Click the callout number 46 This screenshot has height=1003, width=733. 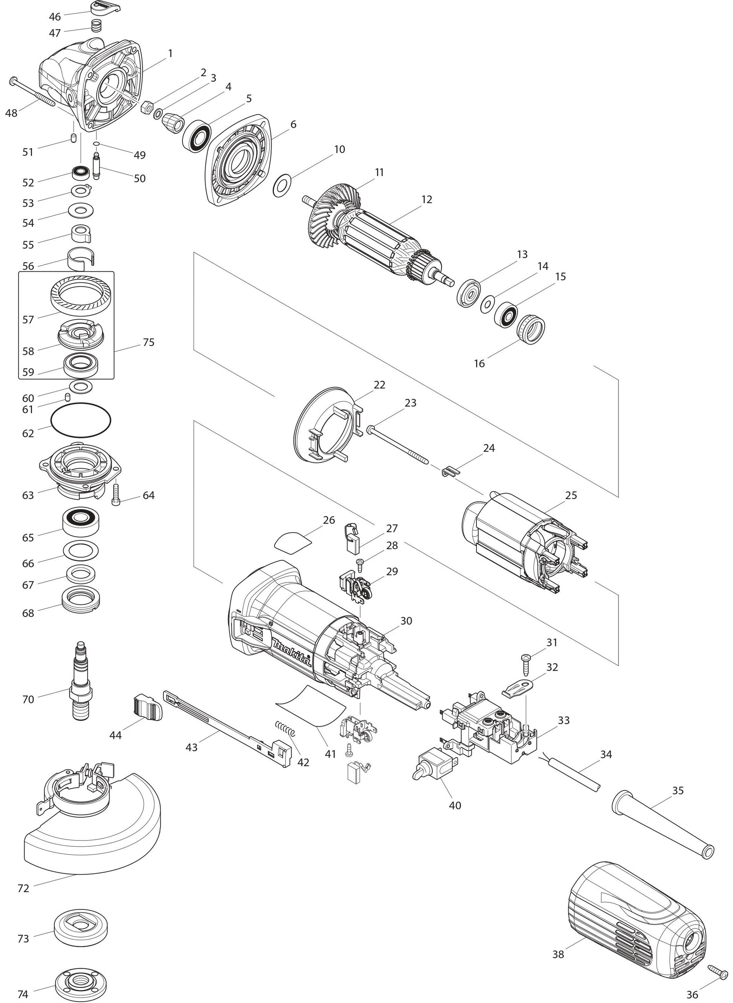55,17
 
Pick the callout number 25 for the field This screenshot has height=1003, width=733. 571,495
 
